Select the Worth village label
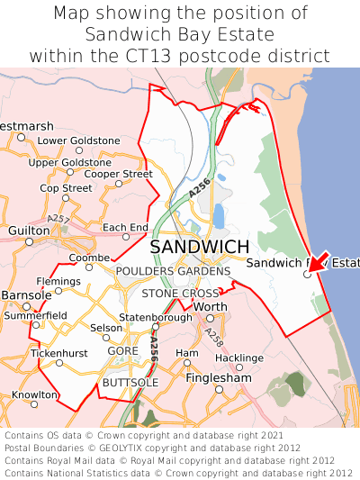tap(210, 307)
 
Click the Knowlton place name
tap(35, 394)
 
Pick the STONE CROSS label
tap(180, 294)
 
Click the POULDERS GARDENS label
tap(173, 271)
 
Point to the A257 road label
tap(59, 219)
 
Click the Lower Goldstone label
tap(78, 140)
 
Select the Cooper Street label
tap(118, 173)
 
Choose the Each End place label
tap(124, 227)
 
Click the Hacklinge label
tap(238, 358)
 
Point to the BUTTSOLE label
tap(130, 383)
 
